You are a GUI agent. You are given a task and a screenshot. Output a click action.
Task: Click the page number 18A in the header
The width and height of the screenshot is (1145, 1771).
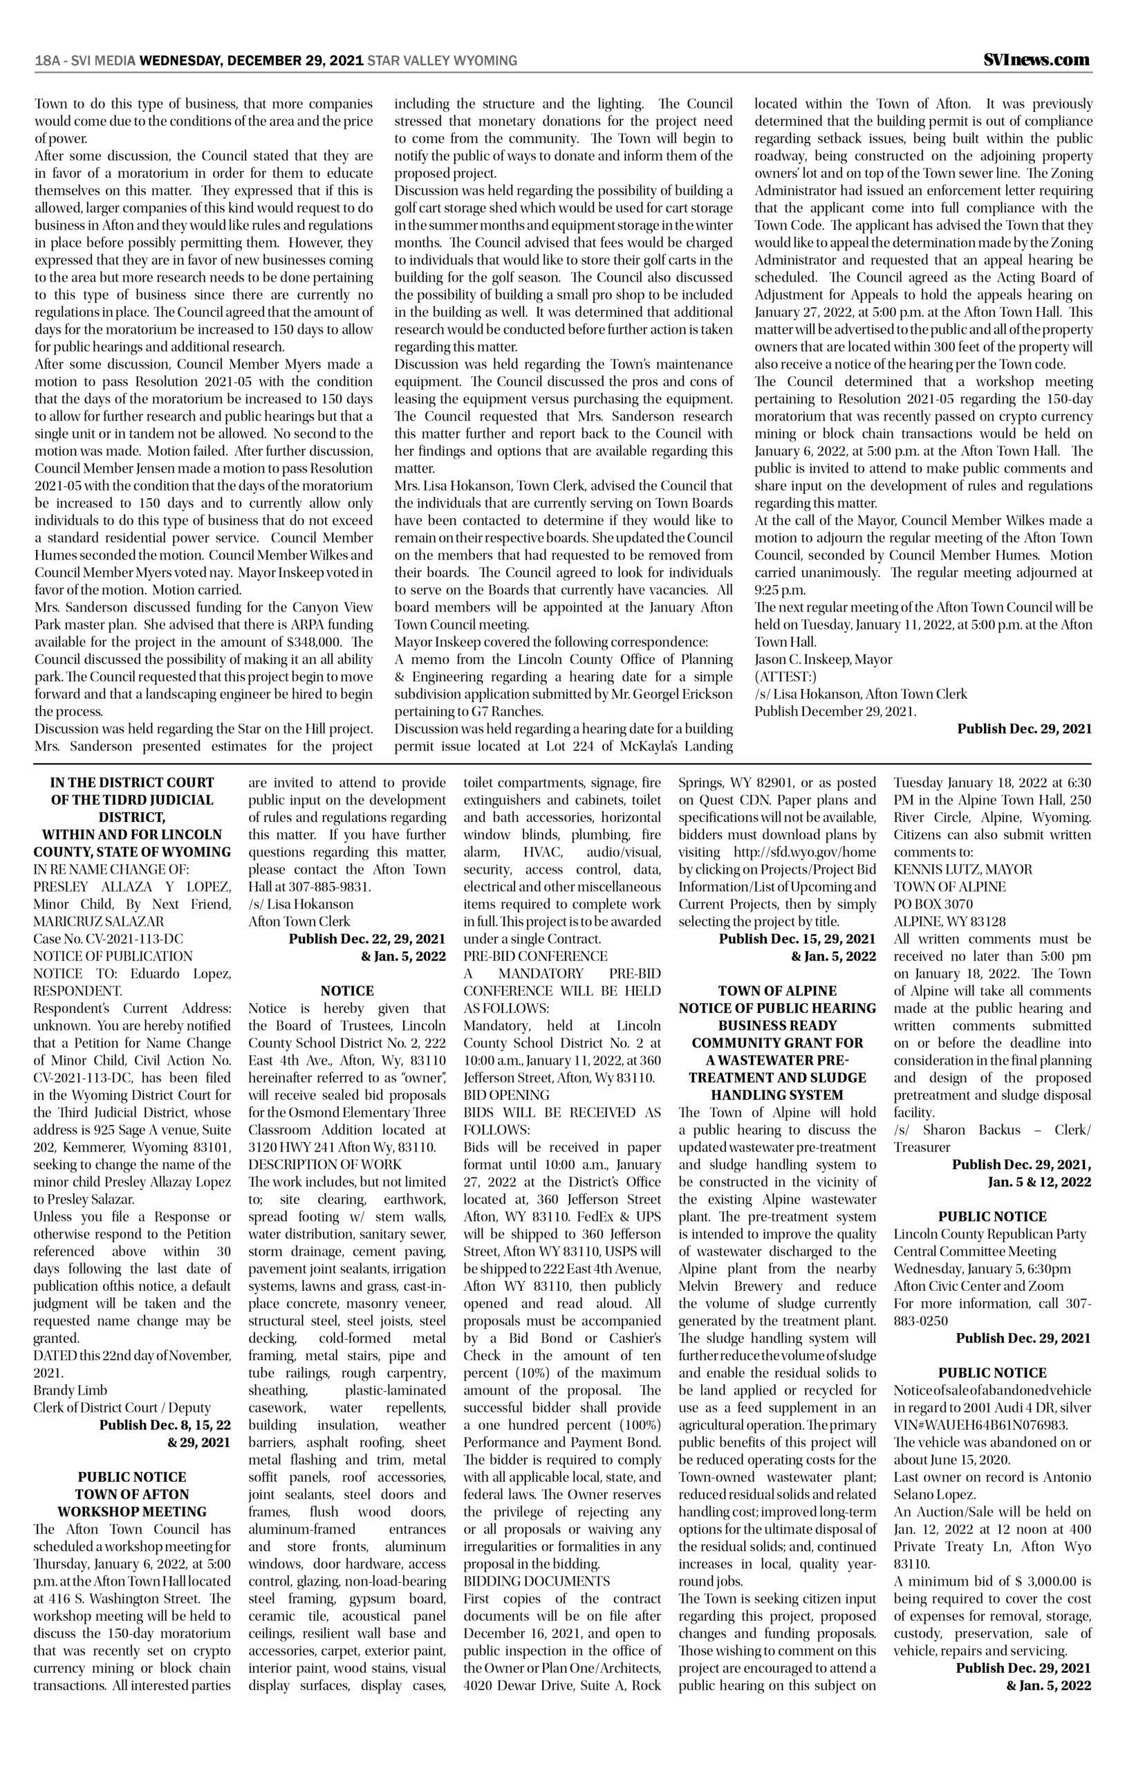tap(48, 61)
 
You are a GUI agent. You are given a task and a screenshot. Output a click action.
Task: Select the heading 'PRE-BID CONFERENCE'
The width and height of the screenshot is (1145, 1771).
tap(535, 956)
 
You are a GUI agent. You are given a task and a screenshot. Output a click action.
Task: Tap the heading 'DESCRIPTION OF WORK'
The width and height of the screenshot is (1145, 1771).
tap(325, 1164)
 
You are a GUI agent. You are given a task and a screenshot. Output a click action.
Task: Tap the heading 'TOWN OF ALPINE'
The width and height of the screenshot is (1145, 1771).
tap(777, 991)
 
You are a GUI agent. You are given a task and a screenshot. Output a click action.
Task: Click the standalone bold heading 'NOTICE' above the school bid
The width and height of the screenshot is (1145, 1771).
tap(347, 991)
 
